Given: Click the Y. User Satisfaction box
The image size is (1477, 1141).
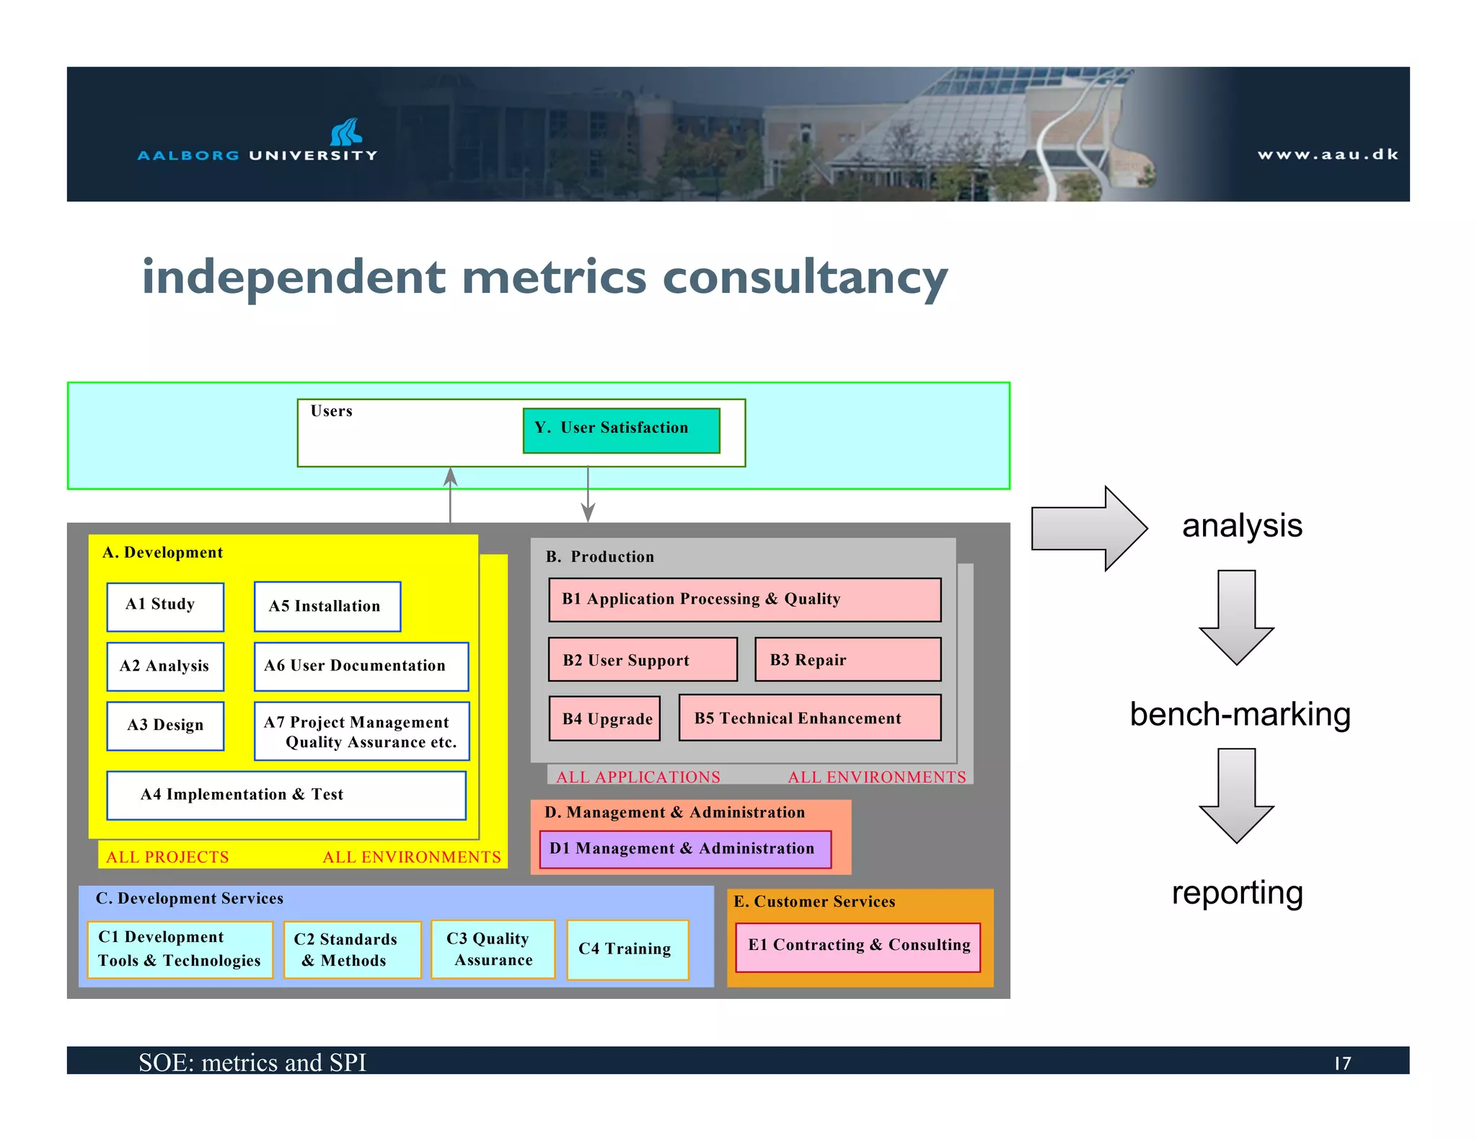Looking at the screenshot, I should pos(621,431).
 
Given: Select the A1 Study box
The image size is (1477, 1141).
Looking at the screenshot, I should pos(165,607).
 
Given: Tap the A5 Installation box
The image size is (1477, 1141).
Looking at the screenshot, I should pos(327,607).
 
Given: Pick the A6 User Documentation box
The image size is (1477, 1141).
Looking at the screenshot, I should pos(361,666).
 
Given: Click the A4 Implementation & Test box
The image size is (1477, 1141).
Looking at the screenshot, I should pos(286,795).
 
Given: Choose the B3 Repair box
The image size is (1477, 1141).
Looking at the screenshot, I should pos(847,659).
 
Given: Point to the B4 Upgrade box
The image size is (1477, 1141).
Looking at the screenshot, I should pos(604,718).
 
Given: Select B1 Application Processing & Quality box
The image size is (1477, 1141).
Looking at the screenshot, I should pos(744,599).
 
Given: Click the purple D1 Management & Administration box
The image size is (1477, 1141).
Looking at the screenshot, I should pos(685,849).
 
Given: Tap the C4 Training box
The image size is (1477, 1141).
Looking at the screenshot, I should pos(627,949).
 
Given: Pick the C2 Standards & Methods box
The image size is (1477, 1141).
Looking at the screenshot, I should pos(352,949).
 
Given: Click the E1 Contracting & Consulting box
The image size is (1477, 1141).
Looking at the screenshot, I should pos(858,946).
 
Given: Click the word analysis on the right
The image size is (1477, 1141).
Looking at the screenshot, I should pos(1242,526).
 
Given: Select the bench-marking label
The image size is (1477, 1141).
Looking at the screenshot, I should pos(1240,715).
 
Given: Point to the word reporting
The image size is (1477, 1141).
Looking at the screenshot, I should pos(1237,893).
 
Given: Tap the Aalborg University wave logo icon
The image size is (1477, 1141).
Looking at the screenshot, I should pos(346,132).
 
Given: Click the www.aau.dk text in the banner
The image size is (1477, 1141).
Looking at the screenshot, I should pos(1328,154).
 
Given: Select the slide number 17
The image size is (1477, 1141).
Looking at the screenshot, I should pos(1342,1063).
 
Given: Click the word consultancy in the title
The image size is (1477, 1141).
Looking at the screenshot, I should pos(805,278).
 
